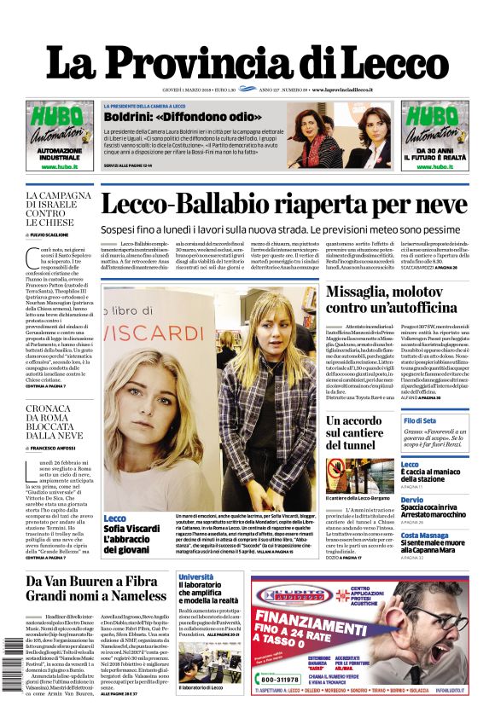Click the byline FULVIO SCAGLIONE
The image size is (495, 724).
tap(52, 234)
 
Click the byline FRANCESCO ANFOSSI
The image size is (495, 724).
tap(54, 449)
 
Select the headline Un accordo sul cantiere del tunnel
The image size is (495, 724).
tap(354, 432)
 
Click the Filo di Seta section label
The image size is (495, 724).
tap(420, 421)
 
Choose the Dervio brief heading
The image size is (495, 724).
tap(411, 500)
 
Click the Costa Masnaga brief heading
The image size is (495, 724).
tap(423, 535)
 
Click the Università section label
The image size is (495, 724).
tap(195, 577)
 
